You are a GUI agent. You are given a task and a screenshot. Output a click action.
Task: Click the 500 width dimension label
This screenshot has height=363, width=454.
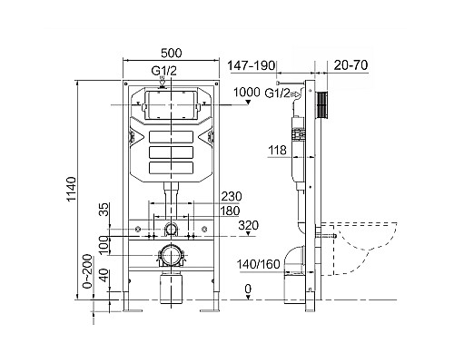coord(172,53)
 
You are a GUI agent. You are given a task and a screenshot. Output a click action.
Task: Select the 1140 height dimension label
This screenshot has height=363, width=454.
coord(72,190)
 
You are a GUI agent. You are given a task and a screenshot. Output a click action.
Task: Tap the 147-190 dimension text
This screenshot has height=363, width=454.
coord(252,65)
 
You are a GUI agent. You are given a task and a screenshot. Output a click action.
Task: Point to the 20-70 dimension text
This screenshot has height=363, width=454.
coord(350,65)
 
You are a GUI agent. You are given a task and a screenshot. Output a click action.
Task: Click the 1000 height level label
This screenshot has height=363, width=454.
coord(247,92)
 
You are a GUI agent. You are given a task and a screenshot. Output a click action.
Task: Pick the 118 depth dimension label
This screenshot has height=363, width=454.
coord(277,150)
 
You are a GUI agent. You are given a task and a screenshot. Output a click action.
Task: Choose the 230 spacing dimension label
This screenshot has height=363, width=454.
coord(232,197)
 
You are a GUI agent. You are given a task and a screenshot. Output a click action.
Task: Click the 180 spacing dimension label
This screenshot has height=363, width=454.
coord(230,211)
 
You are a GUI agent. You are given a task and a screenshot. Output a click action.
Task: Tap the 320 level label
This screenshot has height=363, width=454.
coord(249,225)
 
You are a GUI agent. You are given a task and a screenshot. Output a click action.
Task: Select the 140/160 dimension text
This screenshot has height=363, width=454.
coord(259,264)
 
